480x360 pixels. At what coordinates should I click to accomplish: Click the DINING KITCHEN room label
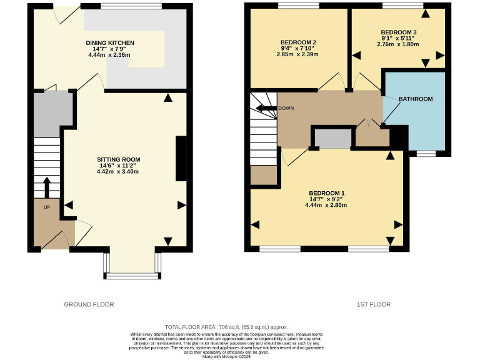click(110, 42)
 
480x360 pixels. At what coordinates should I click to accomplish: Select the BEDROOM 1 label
click(326, 192)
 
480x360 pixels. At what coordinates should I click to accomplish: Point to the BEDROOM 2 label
click(300, 42)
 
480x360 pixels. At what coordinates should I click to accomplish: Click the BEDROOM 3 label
click(398, 32)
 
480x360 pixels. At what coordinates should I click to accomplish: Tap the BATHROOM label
click(415, 99)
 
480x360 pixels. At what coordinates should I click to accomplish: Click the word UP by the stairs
click(47, 207)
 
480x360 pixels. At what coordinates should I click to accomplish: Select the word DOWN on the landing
click(287, 108)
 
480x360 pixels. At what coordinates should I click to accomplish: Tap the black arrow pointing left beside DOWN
click(267, 108)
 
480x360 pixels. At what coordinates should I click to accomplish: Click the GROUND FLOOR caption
click(89, 304)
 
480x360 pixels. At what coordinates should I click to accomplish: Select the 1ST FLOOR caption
click(373, 304)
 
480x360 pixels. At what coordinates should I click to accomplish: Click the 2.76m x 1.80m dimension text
click(398, 44)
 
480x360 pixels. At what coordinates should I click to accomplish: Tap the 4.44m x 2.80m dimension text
click(326, 205)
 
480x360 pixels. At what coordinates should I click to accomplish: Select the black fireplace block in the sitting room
click(181, 159)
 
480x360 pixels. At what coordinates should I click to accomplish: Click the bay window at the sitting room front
click(132, 274)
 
